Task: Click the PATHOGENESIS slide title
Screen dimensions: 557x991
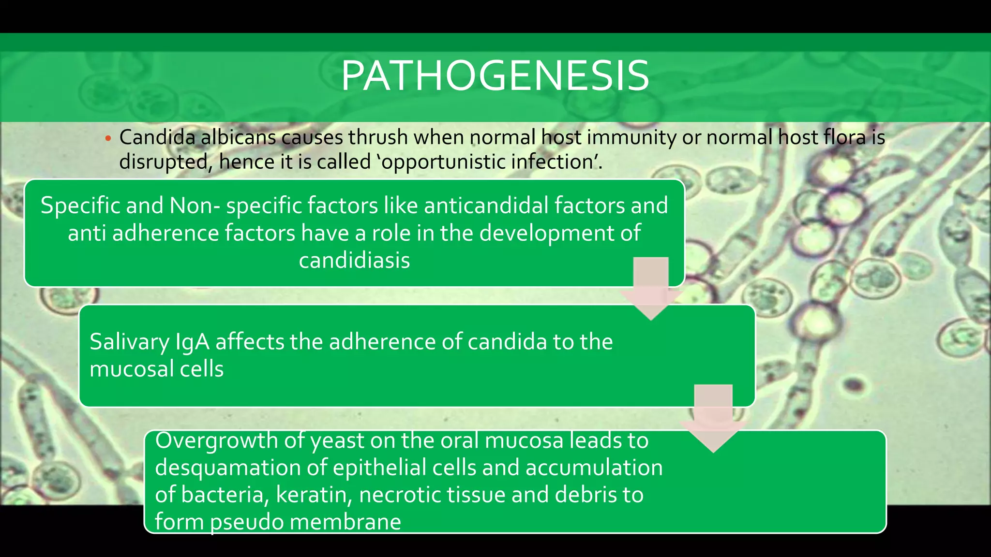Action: [x=495, y=76]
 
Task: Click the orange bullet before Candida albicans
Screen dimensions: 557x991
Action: [x=108, y=139]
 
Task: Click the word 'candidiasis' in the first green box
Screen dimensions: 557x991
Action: [x=354, y=261]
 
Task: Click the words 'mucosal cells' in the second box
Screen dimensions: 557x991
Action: [x=156, y=369]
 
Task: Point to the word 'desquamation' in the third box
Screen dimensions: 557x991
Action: [x=240, y=468]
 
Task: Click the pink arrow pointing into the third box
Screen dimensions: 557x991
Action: [x=713, y=419]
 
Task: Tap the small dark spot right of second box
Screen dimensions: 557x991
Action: [x=855, y=385]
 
